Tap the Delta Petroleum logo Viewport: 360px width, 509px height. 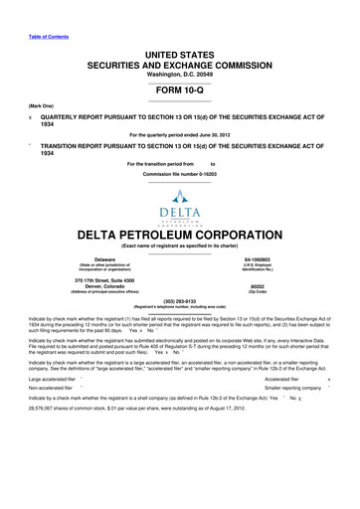(x=179, y=192)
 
